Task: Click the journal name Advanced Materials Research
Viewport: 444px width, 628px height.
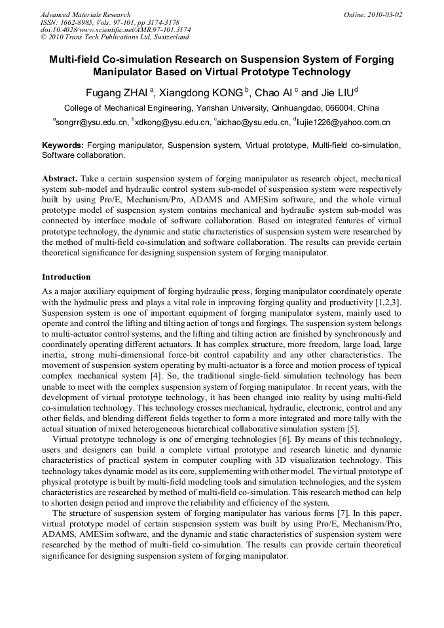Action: pos(85,14)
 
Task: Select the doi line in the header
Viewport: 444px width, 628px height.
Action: pos(116,30)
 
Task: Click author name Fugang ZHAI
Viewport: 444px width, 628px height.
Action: pos(117,92)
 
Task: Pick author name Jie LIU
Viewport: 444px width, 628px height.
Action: pos(333,92)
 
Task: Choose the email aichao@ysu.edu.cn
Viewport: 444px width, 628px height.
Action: pos(251,122)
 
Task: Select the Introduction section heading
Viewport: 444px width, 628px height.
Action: pos(66,277)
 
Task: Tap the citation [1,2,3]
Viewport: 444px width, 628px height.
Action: pos(388,302)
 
